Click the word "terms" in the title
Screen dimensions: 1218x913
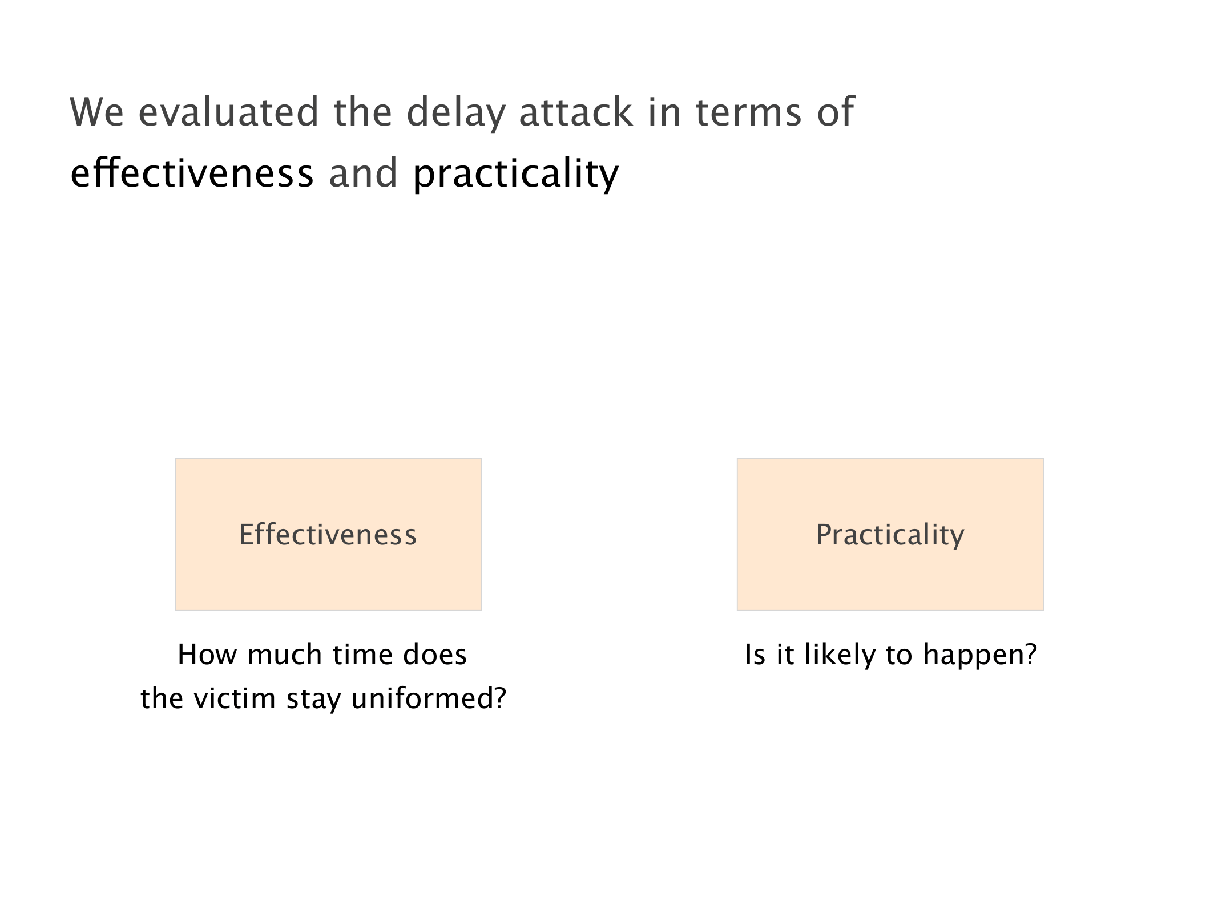click(x=749, y=113)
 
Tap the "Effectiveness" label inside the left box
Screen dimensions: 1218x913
click(x=328, y=535)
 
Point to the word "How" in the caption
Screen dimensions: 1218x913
click(x=207, y=654)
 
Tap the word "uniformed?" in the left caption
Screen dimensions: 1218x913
click(x=429, y=698)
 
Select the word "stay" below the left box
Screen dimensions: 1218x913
click(x=313, y=700)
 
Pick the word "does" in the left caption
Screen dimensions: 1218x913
click(x=435, y=654)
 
